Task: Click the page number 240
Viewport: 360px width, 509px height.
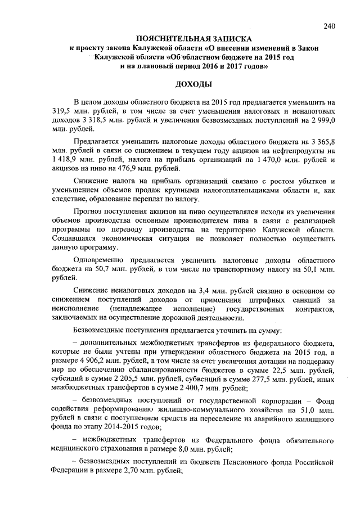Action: (x=330, y=25)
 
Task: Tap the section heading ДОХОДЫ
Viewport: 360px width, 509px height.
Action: (x=194, y=84)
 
